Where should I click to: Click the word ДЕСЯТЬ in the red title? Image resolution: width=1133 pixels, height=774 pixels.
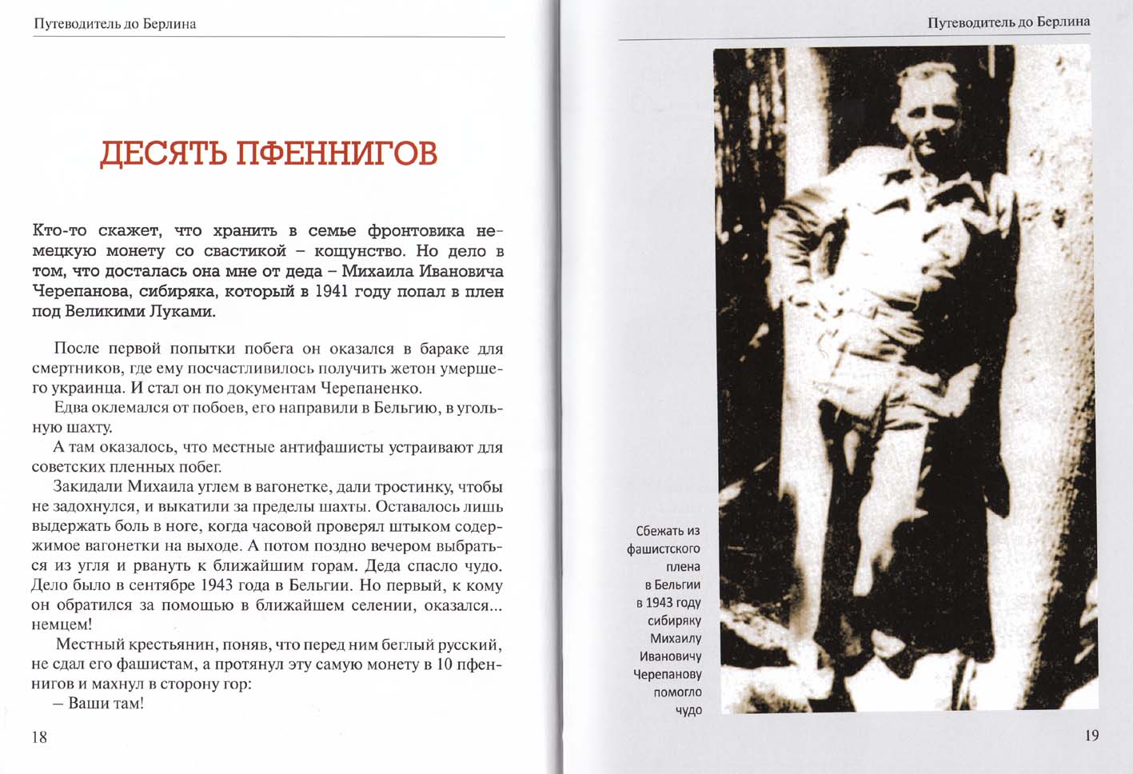click(162, 154)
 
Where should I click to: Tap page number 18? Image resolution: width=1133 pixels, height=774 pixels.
click(39, 737)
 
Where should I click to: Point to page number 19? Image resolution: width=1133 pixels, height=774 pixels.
click(1091, 736)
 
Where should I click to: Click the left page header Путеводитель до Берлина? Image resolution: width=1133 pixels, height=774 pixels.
click(115, 24)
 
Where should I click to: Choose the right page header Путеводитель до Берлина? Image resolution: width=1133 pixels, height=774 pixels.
click(1008, 22)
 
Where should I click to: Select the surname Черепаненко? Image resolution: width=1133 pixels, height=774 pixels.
click(370, 389)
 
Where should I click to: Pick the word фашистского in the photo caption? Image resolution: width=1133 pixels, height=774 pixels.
click(663, 549)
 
